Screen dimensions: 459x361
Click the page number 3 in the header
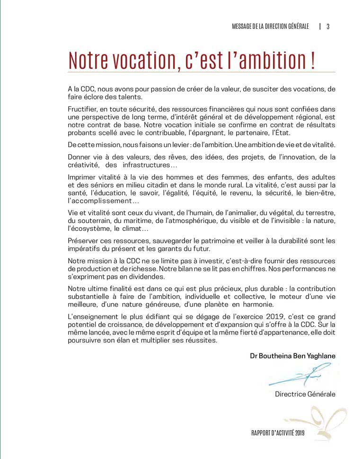coord(328,26)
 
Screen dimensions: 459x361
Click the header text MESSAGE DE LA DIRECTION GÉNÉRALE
coord(270,26)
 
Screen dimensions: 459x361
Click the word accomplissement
coord(100,201)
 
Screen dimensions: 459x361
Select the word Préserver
coord(84,240)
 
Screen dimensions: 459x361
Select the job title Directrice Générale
coord(305,394)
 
